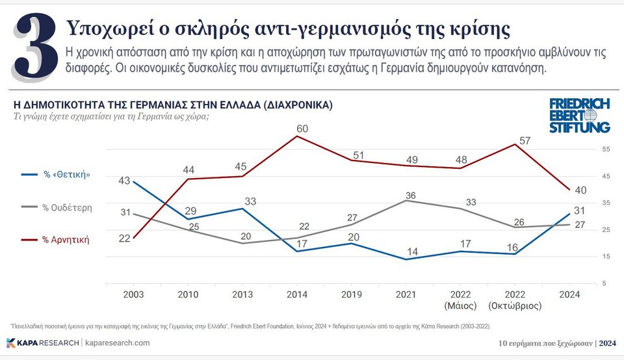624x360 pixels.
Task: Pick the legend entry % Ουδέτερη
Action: point(67,207)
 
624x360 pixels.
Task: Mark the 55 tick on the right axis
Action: point(606,149)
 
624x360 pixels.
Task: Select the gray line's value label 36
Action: point(410,196)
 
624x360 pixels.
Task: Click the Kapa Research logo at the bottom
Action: point(43,343)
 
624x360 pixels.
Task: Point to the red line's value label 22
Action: point(125,238)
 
